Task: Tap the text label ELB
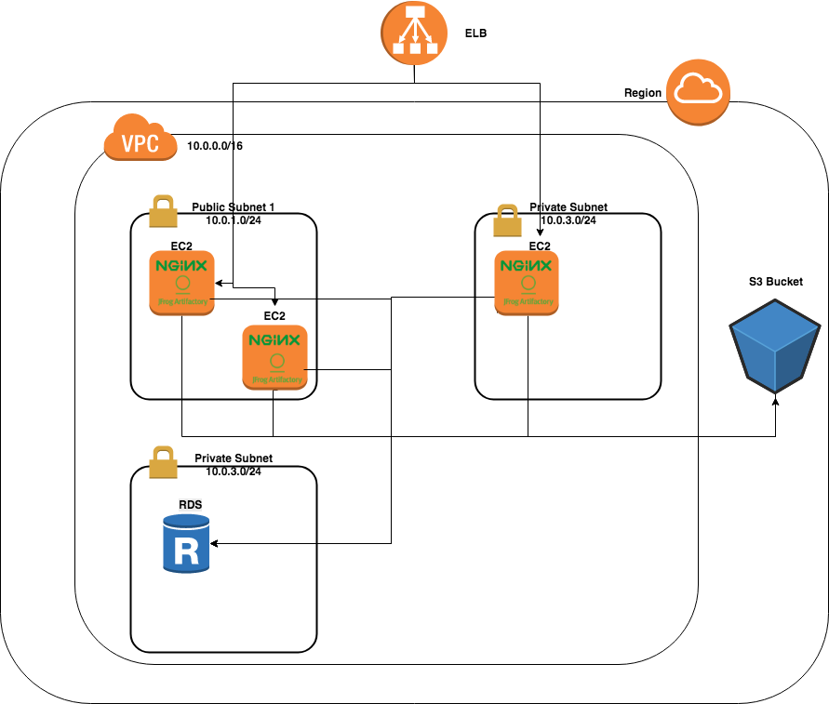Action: pos(475,33)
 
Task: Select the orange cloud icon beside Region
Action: pos(699,90)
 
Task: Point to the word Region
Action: pos(643,93)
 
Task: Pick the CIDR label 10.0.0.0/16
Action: pos(215,146)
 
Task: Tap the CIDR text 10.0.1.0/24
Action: pos(234,220)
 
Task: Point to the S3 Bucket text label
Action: pos(775,281)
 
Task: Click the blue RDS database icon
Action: pos(186,544)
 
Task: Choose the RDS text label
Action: pos(191,504)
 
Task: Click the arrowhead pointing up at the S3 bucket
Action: pos(776,401)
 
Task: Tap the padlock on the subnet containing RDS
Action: pos(163,462)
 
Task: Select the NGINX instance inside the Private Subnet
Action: pos(528,281)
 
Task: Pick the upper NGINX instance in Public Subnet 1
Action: pos(182,282)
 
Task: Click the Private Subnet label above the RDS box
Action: pos(234,458)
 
